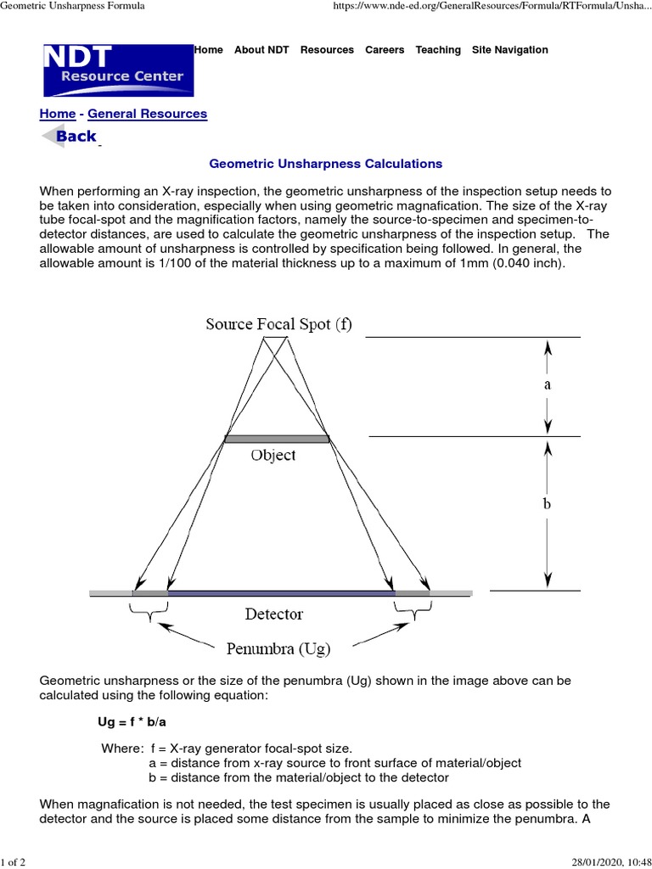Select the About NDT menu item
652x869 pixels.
click(261, 50)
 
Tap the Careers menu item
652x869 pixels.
click(385, 50)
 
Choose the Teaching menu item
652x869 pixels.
click(438, 50)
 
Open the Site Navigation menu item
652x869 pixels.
click(509, 50)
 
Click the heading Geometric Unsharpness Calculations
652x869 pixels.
click(326, 163)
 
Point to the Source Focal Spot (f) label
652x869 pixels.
click(278, 323)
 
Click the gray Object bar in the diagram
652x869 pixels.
click(276, 439)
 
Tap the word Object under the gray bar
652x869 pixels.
click(273, 456)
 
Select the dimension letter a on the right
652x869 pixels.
click(548, 384)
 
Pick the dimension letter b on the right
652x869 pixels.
click(548, 503)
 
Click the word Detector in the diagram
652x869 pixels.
click(273, 614)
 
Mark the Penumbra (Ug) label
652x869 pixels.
click(278, 649)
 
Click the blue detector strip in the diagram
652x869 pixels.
click(281, 591)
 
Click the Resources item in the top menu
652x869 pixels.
click(327, 50)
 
